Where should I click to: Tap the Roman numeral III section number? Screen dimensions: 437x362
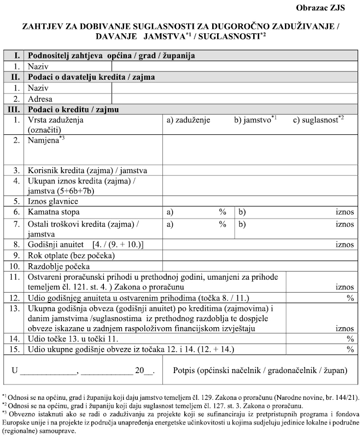pos(15,109)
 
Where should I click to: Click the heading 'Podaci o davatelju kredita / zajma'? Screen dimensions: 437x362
pos(91,77)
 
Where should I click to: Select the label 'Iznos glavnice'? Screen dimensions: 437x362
pos(53,201)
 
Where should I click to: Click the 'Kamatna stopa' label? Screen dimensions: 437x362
pos(53,211)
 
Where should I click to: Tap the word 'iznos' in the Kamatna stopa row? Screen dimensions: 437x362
pos(345,211)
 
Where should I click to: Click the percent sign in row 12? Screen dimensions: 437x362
pos(350,298)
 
